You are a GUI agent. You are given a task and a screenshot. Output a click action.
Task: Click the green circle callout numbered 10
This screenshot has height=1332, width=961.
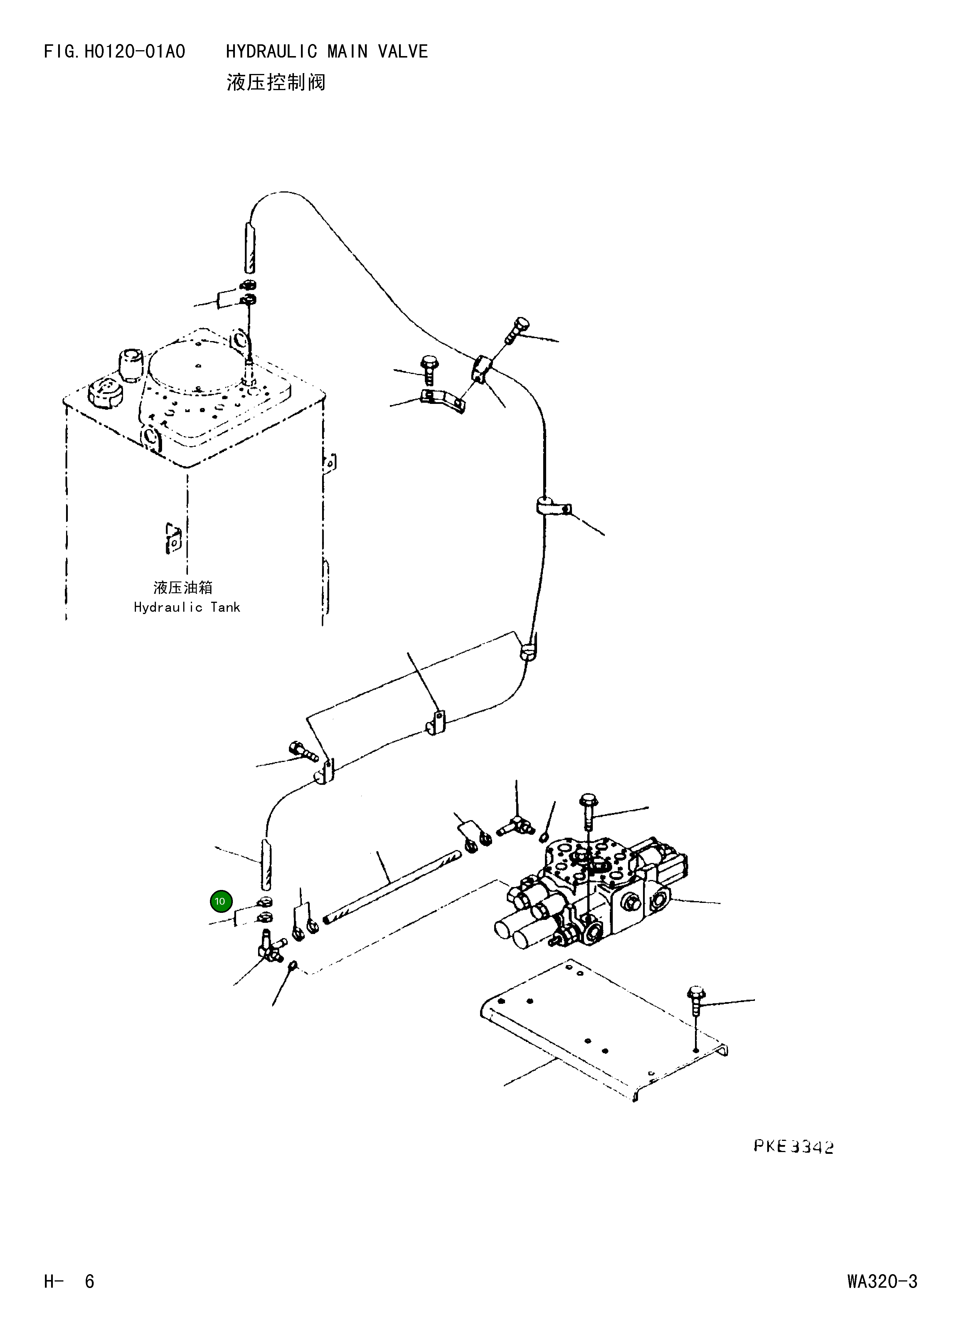tap(221, 901)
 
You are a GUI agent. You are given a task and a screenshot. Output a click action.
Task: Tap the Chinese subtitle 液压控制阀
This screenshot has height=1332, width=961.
tap(275, 82)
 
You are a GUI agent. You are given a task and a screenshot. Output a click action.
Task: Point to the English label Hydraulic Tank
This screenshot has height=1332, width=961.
tap(187, 607)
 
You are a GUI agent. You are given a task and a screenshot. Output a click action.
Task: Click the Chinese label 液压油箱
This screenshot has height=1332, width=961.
tap(183, 587)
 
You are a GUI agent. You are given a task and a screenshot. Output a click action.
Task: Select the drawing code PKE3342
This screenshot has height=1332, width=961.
tap(793, 1146)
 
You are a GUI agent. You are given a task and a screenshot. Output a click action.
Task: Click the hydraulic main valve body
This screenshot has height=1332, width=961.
tap(593, 893)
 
